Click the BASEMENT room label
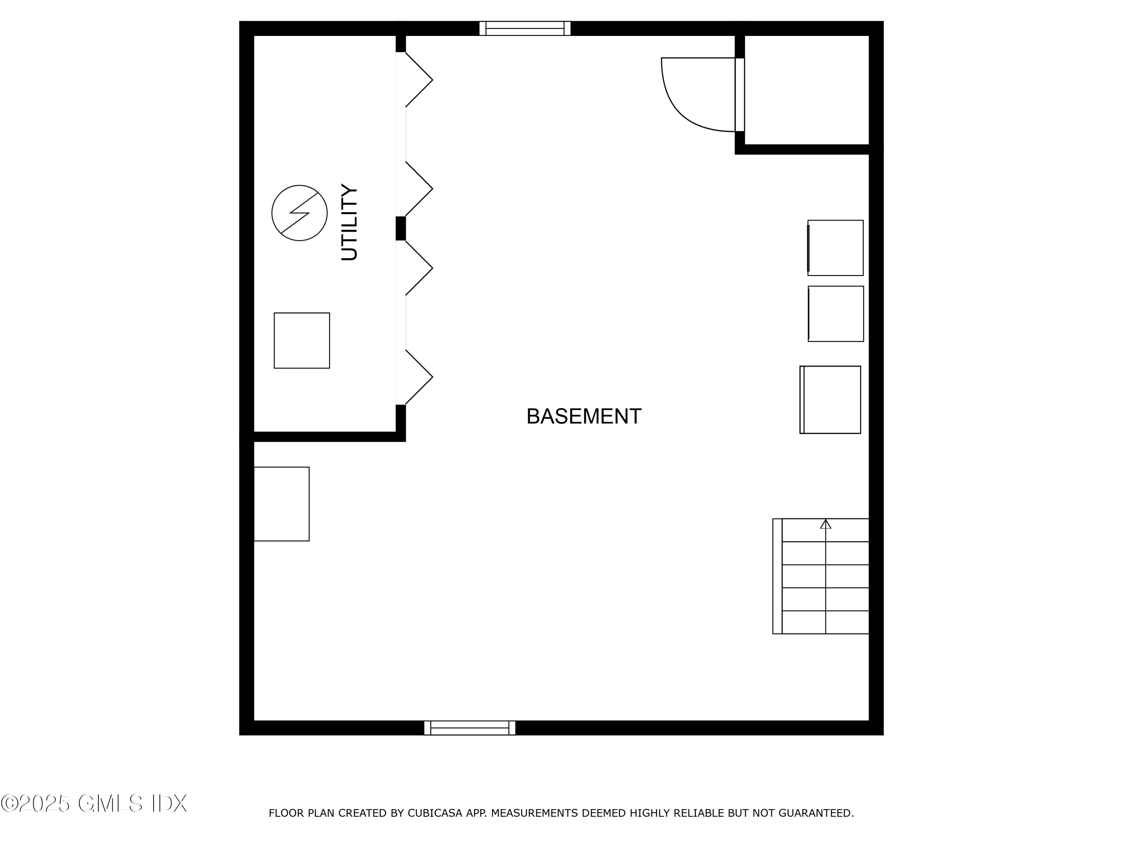(x=584, y=417)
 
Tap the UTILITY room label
(x=349, y=222)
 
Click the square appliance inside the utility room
(x=302, y=341)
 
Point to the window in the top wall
(x=524, y=28)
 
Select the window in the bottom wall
(x=470, y=728)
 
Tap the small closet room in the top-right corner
(x=807, y=90)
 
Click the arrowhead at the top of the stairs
(x=825, y=524)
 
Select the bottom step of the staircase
(x=825, y=622)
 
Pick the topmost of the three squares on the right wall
(x=835, y=248)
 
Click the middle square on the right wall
(x=836, y=314)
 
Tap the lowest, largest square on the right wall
(x=831, y=400)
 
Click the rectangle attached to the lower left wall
(x=281, y=504)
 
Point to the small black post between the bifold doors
(x=401, y=228)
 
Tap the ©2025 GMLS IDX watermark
(x=94, y=803)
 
